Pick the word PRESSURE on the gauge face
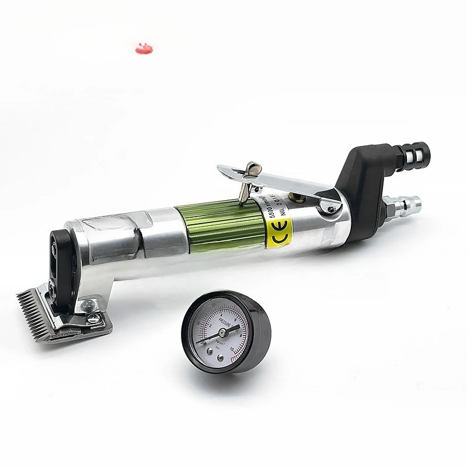click(223, 313)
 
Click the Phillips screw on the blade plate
click(92, 318)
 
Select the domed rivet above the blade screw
click(86, 304)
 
